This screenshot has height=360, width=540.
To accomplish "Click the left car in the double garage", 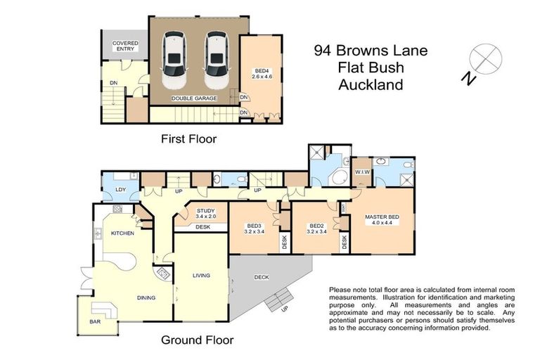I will [173, 59].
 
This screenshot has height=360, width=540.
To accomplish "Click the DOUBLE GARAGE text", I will [194, 98].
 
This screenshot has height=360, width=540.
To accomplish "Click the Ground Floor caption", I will [198, 340].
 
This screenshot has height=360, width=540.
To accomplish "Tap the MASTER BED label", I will [382, 217].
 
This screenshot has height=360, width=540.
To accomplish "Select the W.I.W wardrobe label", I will [363, 172].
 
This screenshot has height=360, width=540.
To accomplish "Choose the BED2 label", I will [316, 226].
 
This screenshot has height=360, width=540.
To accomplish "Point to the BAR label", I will [95, 322].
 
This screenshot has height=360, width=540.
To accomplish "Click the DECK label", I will [262, 277].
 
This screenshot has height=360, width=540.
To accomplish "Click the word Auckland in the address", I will [371, 85].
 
